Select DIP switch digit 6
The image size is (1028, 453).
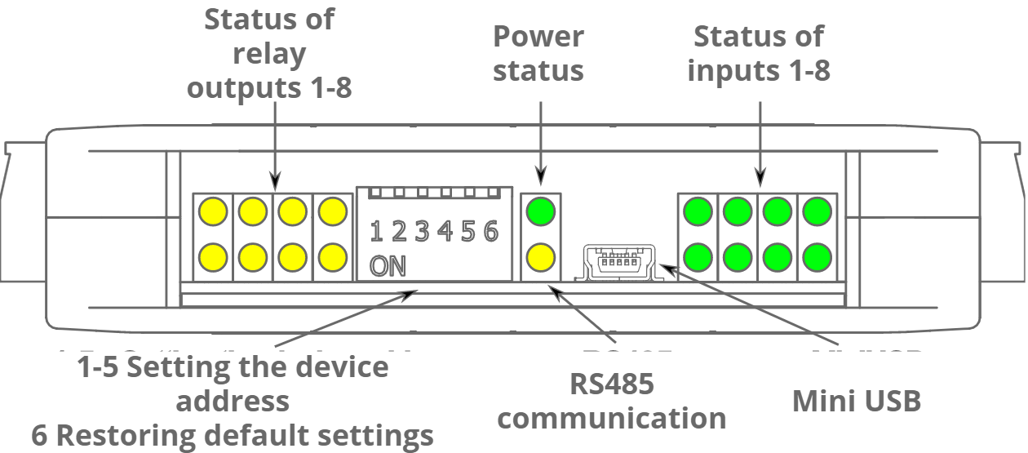[490, 233]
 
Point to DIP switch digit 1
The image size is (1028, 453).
[376, 233]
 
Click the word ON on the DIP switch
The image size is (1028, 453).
[388, 266]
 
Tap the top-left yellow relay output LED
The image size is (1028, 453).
[213, 212]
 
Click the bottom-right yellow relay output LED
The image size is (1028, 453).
[332, 258]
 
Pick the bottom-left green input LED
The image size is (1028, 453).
[698, 258]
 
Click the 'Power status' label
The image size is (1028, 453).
[538, 53]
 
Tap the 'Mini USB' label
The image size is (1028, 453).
[857, 401]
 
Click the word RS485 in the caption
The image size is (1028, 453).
[612, 383]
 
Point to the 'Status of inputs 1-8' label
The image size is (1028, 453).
[758, 53]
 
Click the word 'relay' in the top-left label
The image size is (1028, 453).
[269, 53]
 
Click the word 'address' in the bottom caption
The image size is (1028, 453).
[233, 401]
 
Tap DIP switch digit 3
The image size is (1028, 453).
[422, 233]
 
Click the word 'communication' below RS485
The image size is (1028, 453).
[612, 418]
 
